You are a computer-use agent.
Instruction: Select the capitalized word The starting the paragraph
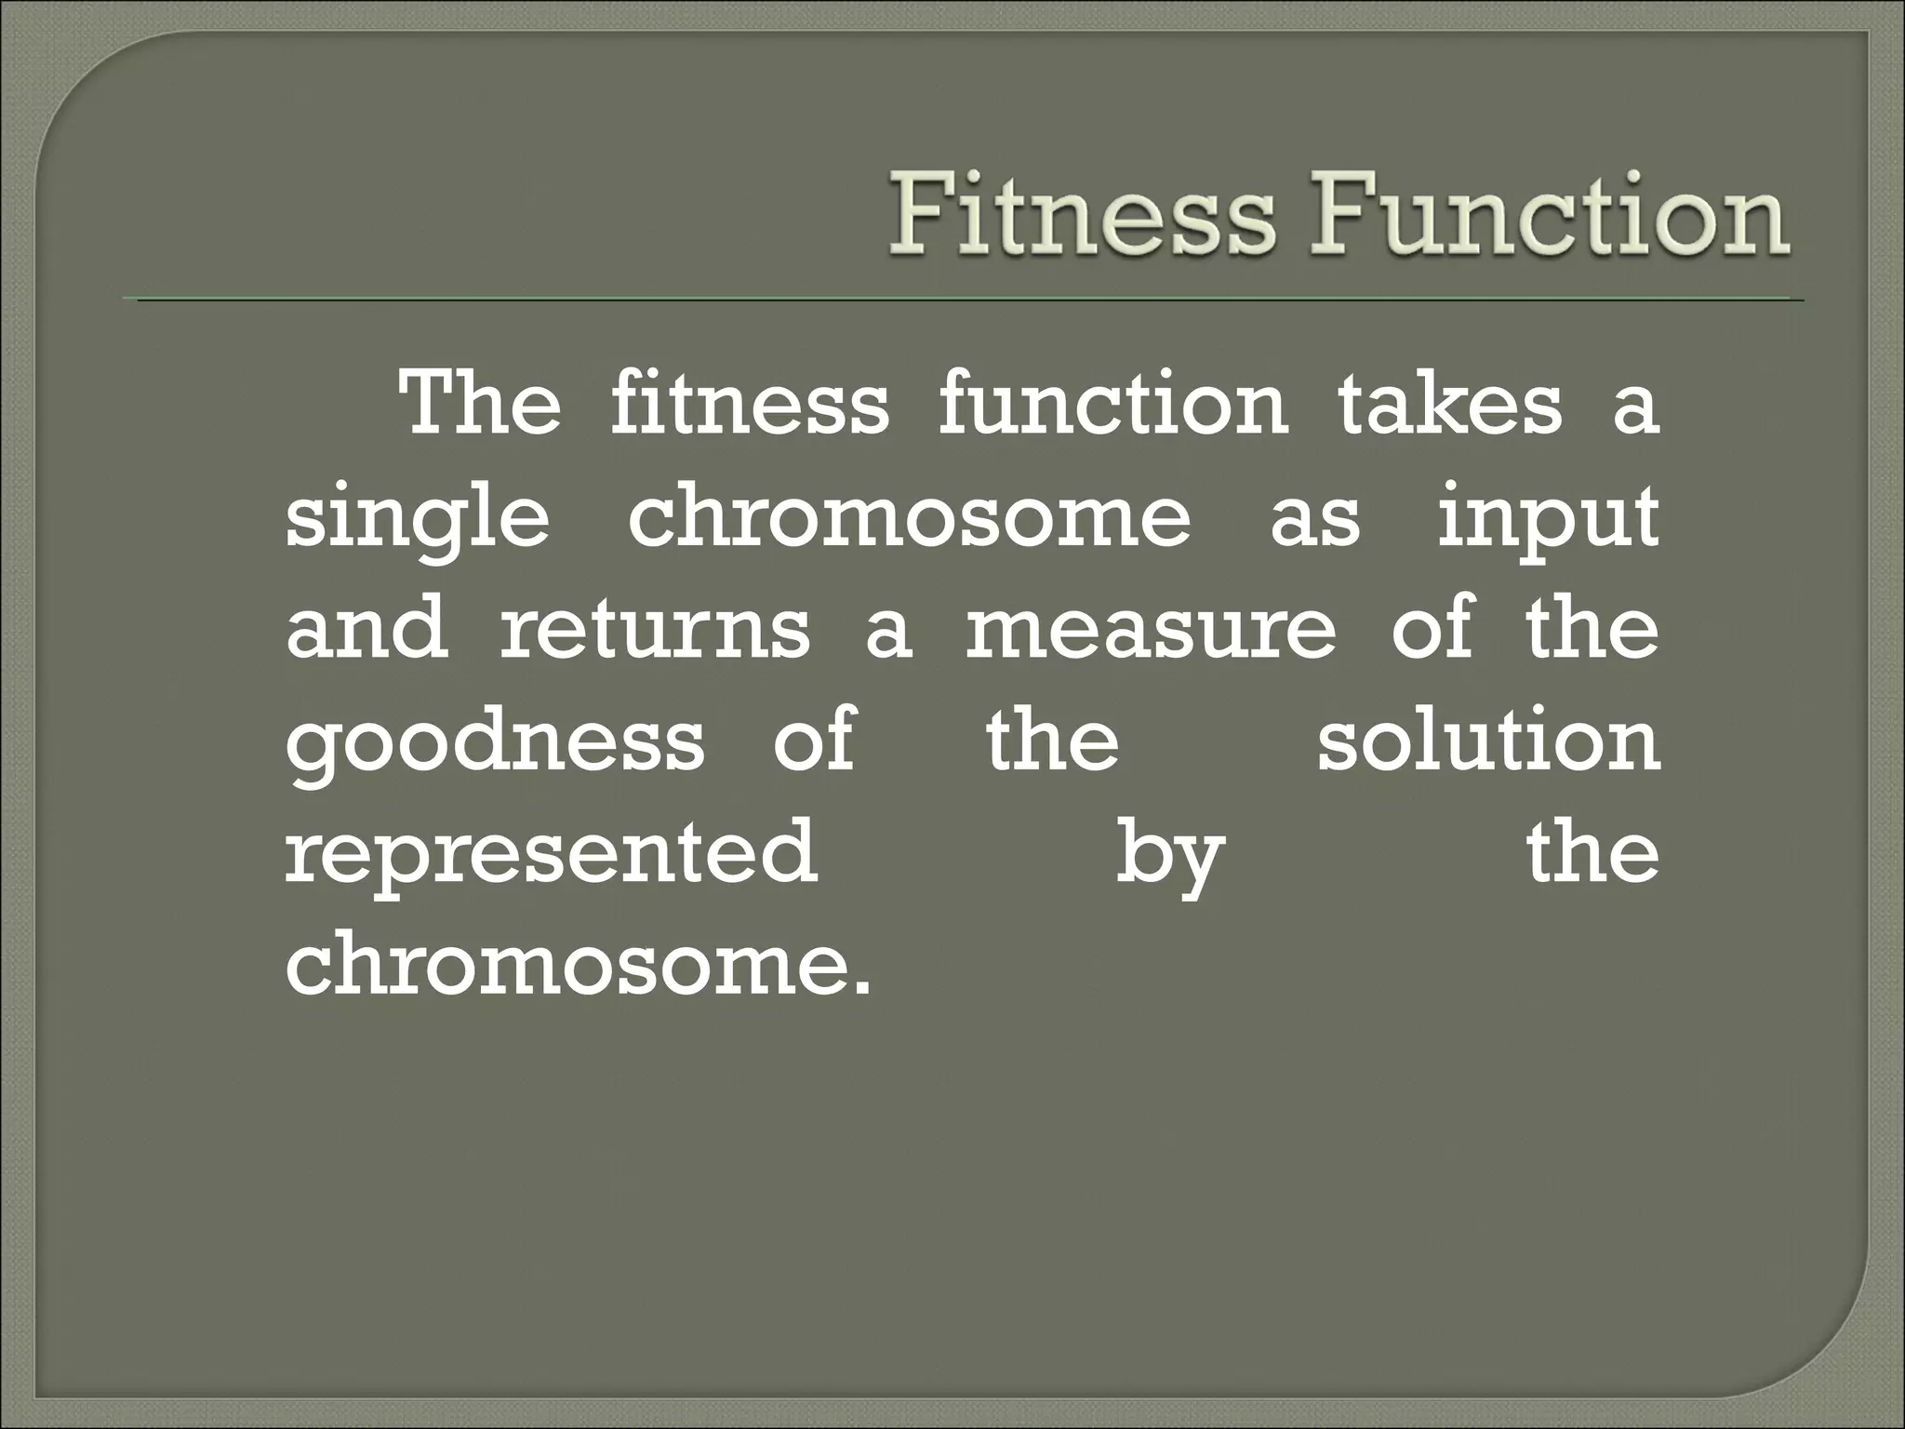coord(479,405)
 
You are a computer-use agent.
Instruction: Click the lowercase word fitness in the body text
coord(750,405)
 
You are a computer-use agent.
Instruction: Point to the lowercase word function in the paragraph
coord(1112,405)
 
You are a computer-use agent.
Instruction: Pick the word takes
coord(1450,405)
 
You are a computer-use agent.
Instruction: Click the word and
coord(366,629)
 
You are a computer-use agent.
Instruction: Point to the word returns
coord(655,629)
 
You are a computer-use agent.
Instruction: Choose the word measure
coord(1151,629)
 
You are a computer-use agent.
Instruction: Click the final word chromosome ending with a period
coord(579,965)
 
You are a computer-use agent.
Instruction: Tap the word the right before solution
coord(1052,741)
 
